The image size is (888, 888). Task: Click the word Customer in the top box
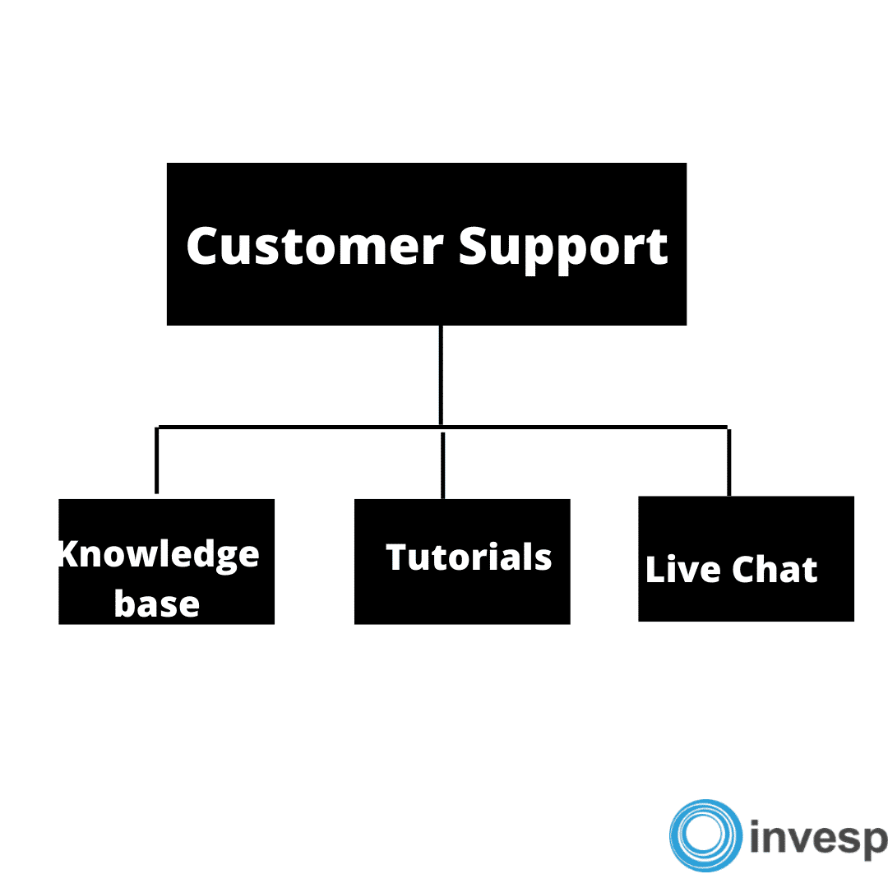(315, 247)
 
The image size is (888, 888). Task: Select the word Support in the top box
(563, 249)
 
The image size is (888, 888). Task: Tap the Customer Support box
(427, 244)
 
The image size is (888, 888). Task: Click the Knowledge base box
(166, 562)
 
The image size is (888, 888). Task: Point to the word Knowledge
(160, 555)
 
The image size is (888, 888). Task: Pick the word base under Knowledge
(157, 604)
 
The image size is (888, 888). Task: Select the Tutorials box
(462, 562)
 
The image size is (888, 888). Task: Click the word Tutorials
(469, 557)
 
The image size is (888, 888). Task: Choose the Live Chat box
(746, 559)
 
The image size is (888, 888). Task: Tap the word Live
(683, 569)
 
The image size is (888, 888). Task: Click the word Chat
(775, 569)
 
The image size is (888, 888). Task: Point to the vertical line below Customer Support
(441, 375)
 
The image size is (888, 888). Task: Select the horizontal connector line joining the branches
(442, 427)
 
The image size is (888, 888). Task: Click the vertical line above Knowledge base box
(157, 460)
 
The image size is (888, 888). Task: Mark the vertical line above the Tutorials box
(443, 465)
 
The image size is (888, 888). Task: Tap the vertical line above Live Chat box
(728, 463)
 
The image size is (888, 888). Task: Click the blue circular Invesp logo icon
(705, 835)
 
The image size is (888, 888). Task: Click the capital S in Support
(474, 246)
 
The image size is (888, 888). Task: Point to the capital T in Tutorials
(400, 557)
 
